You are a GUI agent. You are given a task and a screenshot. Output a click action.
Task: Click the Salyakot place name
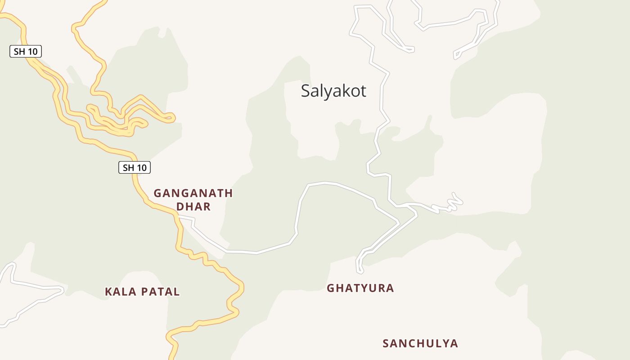pyautogui.click(x=333, y=91)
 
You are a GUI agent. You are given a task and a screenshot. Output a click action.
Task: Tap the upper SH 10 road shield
pyautogui.click(x=26, y=52)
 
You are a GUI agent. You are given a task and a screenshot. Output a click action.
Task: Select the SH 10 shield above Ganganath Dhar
pyautogui.click(x=135, y=168)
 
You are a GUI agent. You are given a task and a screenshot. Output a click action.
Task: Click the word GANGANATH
pyautogui.click(x=193, y=193)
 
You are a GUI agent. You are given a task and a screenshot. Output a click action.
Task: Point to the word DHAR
pyautogui.click(x=193, y=207)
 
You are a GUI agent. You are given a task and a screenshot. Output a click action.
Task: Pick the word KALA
pyautogui.click(x=117, y=292)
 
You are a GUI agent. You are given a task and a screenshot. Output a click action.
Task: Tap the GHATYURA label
pyautogui.click(x=360, y=288)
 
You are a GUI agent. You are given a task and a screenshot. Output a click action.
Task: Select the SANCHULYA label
pyautogui.click(x=420, y=344)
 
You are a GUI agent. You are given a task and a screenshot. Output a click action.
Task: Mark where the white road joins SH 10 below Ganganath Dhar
pyautogui.click(x=179, y=217)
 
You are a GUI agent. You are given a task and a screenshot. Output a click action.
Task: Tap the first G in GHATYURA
pyautogui.click(x=330, y=288)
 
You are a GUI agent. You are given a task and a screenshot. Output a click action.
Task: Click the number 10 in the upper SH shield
pyautogui.click(x=32, y=52)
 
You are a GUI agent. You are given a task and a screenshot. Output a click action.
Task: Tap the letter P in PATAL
pyautogui.click(x=142, y=292)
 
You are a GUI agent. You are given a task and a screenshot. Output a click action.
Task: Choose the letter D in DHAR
pyautogui.click(x=180, y=207)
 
